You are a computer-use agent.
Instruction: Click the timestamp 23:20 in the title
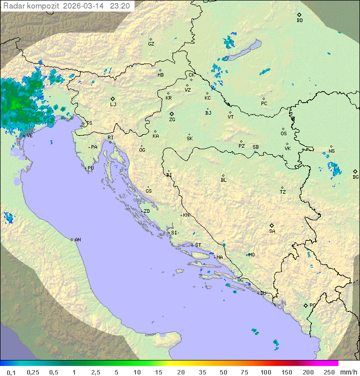click(120, 6)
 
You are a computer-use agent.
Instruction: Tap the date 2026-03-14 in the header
click(87, 6)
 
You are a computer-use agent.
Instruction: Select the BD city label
click(299, 21)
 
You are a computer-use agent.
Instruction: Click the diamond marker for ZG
click(172, 114)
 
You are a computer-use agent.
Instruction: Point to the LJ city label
click(113, 105)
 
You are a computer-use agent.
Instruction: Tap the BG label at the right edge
click(355, 177)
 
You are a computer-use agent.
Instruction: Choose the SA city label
click(272, 231)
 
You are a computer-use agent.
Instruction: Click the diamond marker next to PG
click(305, 305)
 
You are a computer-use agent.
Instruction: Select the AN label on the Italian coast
click(77, 240)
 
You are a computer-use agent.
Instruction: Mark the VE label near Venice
click(29, 136)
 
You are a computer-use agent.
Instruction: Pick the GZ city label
click(151, 44)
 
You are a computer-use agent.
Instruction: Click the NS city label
click(331, 151)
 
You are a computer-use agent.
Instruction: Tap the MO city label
click(251, 255)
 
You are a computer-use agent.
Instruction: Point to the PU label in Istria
click(90, 168)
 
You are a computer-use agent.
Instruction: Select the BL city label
click(223, 180)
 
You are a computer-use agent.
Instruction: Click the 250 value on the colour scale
click(329, 372)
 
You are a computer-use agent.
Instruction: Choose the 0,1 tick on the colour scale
click(11, 372)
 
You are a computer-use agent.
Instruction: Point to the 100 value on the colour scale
click(265, 372)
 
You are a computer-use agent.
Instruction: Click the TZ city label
click(283, 192)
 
